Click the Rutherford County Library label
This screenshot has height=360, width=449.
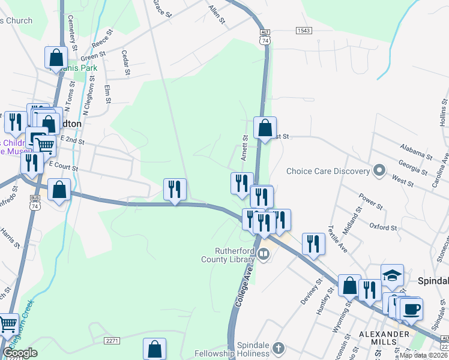tap(227, 255)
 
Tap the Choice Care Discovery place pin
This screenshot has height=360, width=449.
tap(379, 171)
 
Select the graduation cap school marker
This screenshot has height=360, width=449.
tap(392, 275)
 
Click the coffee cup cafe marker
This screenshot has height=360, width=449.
tap(411, 309)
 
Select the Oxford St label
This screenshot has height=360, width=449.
tap(384, 227)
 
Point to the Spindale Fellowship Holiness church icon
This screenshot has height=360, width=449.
tap(278, 348)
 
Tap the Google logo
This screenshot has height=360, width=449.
tap(20, 353)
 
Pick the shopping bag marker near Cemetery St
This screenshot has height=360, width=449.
tap(56, 58)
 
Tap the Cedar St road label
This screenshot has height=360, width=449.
tap(126, 62)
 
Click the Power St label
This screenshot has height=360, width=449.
tap(370, 202)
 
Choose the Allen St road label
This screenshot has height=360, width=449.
tap(217, 14)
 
